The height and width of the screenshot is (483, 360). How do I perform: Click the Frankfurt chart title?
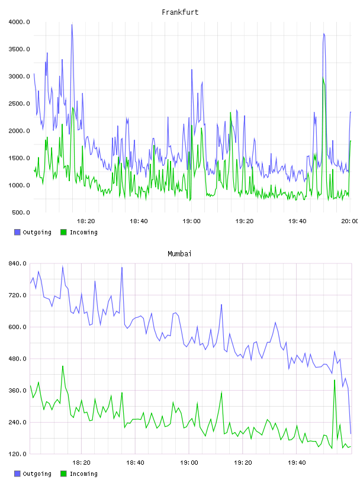(180, 12)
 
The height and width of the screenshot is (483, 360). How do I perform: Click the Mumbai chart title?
(179, 253)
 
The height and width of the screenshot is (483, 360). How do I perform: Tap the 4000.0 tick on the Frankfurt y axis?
(19, 22)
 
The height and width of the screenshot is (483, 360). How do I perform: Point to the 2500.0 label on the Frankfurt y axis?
(19, 104)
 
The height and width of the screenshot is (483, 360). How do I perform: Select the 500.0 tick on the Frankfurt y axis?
(21, 212)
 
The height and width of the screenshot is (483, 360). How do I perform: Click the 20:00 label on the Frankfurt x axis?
(350, 221)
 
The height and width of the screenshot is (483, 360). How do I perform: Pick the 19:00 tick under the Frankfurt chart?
(191, 221)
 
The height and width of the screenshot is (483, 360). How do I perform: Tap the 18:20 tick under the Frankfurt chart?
(86, 221)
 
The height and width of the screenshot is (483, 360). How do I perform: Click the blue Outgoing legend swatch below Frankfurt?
(17, 232)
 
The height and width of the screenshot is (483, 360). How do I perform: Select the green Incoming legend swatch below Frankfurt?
(63, 232)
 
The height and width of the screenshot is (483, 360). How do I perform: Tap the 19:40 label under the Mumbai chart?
(297, 462)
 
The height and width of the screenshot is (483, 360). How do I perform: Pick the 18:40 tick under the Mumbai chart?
(135, 462)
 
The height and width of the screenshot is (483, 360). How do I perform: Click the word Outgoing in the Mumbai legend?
(37, 474)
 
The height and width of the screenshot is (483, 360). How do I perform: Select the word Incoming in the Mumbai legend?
(83, 474)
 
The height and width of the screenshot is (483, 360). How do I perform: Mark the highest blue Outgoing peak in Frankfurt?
(72, 25)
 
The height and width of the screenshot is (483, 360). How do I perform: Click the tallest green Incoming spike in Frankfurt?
(323, 78)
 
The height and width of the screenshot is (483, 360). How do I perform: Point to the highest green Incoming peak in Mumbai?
(63, 366)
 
